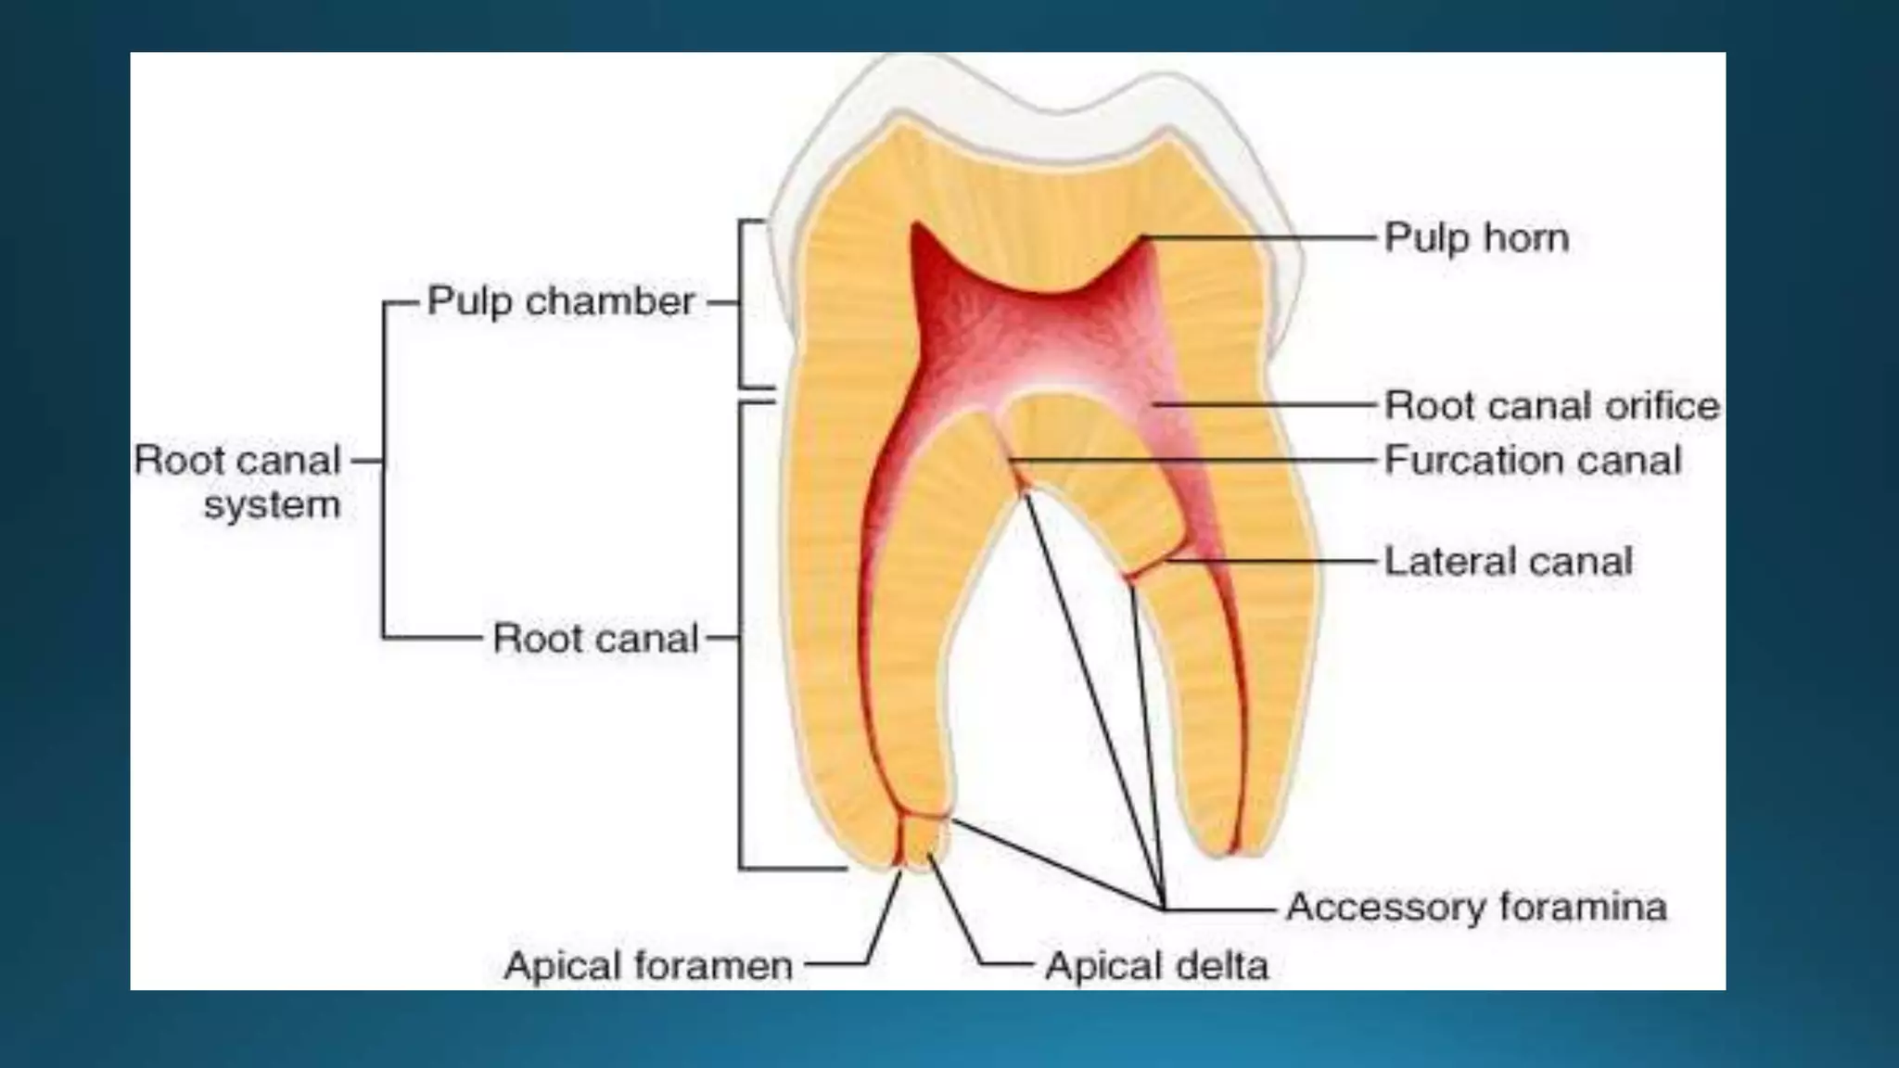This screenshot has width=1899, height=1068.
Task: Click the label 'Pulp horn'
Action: click(x=1476, y=238)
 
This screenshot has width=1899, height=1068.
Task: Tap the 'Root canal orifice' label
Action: click(x=1551, y=405)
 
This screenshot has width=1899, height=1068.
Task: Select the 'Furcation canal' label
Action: click(x=1532, y=460)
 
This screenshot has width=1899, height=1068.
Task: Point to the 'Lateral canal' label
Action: click(x=1508, y=561)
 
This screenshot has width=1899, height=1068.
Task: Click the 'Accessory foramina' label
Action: click(x=1476, y=907)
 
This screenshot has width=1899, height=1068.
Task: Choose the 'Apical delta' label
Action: click(x=1156, y=966)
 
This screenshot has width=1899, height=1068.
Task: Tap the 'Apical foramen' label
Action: click(x=648, y=966)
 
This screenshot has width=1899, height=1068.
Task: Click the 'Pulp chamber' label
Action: click(x=560, y=301)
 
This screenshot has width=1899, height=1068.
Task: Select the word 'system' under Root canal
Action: click(x=272, y=506)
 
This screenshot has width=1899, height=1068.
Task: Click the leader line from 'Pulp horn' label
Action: click(x=1261, y=238)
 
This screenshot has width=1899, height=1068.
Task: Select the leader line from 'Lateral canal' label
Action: click(x=1270, y=561)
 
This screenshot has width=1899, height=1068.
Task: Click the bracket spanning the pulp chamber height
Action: click(x=741, y=304)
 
